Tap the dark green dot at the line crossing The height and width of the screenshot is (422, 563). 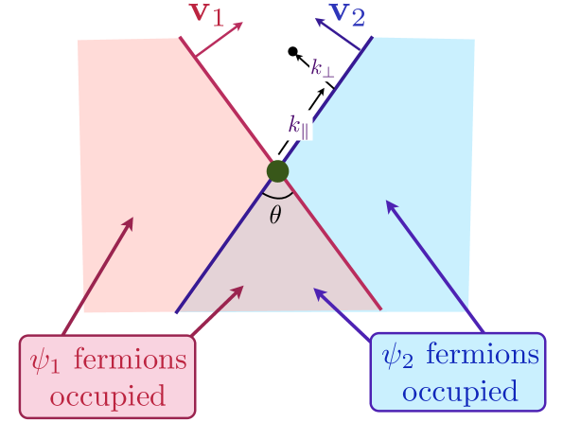pos(277,171)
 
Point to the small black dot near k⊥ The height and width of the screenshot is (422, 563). pos(293,51)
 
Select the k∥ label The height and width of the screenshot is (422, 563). pos(299,124)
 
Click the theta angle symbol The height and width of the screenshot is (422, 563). pos(275,215)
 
